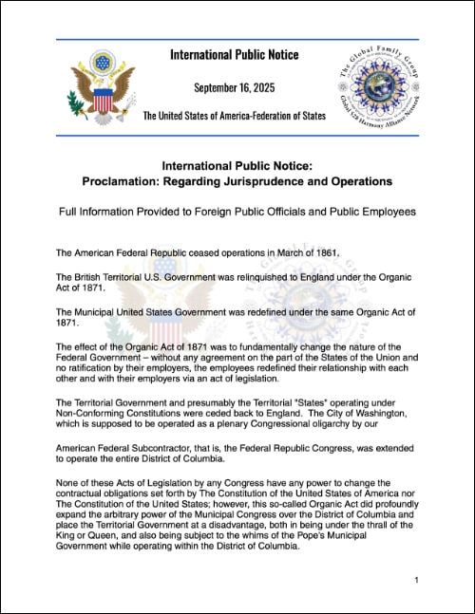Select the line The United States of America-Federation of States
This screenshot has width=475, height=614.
(x=234, y=116)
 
